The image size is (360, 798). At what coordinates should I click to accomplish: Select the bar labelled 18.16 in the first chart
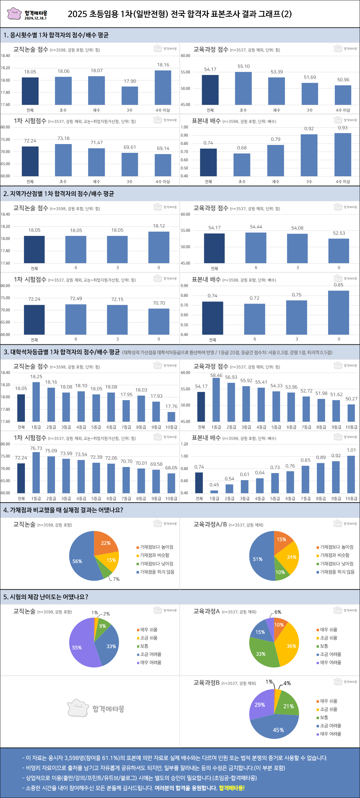click(x=163, y=87)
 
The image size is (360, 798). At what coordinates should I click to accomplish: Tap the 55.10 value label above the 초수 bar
click(x=244, y=66)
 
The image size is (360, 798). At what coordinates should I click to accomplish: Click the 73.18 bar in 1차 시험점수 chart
click(x=63, y=160)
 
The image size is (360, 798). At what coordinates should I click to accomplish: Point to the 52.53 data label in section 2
click(x=339, y=233)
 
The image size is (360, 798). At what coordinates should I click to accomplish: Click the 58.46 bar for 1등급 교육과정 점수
click(x=216, y=400)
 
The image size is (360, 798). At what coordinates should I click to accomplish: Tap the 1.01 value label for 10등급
click(x=351, y=450)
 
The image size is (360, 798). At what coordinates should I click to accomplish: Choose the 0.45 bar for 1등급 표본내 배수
click(x=214, y=491)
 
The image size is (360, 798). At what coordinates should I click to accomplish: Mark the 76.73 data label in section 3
click(x=36, y=448)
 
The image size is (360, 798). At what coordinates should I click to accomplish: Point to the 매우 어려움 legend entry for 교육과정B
click(x=330, y=734)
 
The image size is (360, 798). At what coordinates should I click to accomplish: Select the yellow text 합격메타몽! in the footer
click(x=232, y=788)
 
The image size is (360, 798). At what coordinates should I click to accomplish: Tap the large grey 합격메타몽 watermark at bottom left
click(x=96, y=708)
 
